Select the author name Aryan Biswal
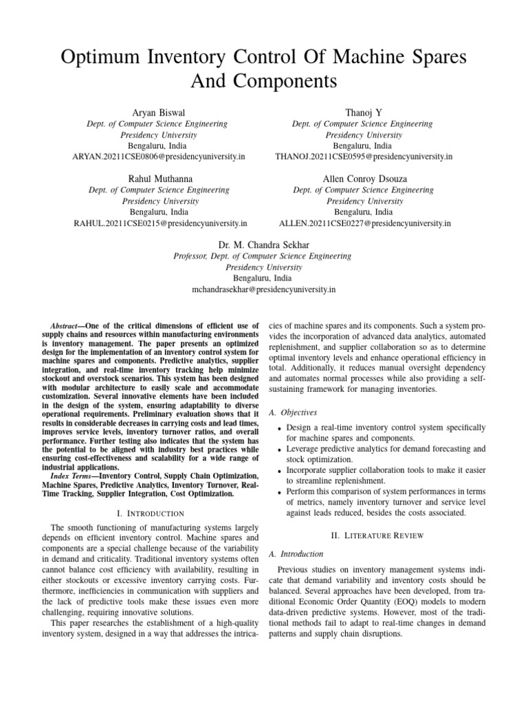coord(159,112)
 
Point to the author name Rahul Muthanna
coord(159,178)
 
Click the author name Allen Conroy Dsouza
coord(364,178)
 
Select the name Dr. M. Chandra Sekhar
coord(263,244)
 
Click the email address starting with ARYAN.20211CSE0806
coord(159,157)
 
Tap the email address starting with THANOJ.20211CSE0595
coord(364,157)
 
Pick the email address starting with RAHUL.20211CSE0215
coord(160,223)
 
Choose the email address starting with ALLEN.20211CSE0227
coord(364,223)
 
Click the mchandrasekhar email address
coord(263,289)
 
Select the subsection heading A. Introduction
coord(296,553)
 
